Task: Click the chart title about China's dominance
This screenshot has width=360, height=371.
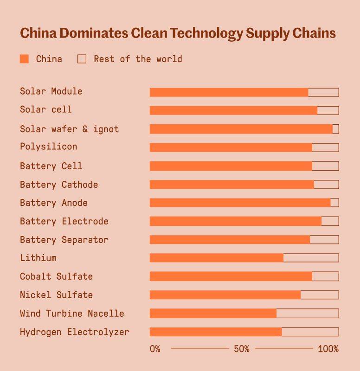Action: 177,33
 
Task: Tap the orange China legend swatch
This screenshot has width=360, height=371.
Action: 24,59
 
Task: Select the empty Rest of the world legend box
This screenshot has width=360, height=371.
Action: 82,59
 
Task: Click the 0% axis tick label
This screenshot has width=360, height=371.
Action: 155,349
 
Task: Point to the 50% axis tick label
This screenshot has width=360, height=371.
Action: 241,349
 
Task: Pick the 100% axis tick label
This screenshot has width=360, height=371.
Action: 328,349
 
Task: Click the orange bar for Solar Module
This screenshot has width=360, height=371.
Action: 229,92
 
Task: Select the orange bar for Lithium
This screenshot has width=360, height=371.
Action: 216,258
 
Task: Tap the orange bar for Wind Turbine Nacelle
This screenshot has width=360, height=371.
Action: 213,313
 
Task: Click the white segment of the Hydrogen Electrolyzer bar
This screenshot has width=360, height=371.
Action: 310,332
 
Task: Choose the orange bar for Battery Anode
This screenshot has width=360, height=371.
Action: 240,203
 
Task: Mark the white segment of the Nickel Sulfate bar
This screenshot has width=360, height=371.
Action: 319,295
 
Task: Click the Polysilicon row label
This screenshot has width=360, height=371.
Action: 48,147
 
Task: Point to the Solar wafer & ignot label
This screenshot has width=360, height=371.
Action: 69,129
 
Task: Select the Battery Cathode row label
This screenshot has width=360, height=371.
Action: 59,185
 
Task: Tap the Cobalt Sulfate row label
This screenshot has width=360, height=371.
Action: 56,276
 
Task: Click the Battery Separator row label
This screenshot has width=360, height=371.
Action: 64,240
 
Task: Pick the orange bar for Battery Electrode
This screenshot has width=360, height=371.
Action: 235,221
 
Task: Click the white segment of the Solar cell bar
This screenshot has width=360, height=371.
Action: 328,110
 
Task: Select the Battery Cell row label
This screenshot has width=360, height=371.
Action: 51,166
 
